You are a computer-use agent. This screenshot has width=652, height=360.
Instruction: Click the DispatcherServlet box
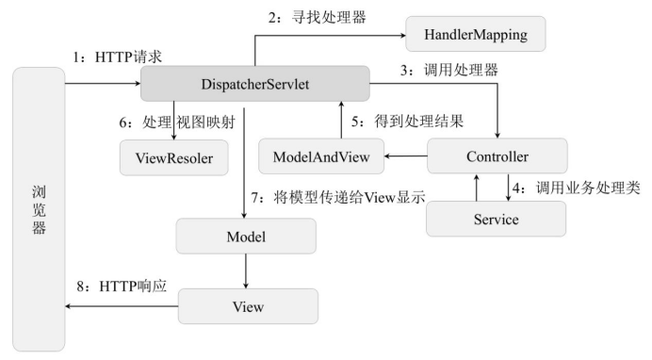[x=256, y=86]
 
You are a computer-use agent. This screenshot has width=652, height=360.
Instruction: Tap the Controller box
[x=497, y=156]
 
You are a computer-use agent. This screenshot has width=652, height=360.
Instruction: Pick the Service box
[x=497, y=219]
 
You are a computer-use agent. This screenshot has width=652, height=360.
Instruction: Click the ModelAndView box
[x=320, y=156]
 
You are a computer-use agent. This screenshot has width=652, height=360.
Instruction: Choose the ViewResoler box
[x=174, y=158]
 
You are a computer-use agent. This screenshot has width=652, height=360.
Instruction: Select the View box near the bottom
[x=248, y=307]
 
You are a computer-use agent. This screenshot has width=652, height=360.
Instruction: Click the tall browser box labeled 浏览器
[x=37, y=215]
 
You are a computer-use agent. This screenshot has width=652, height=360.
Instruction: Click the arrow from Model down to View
[x=246, y=270]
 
